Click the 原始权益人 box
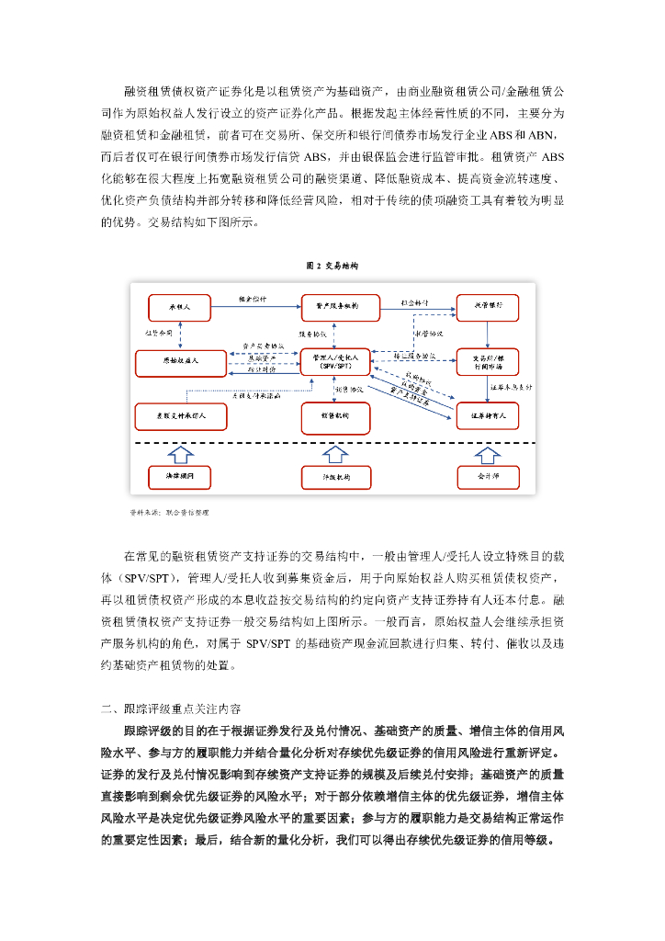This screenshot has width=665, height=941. coord(180,363)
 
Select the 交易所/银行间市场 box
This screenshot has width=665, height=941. coord(488,361)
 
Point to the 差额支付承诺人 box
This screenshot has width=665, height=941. coord(180,416)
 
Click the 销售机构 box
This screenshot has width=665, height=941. coord(336,416)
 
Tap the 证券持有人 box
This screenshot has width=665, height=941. coord(488,416)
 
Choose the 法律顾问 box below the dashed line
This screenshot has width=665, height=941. coord(180,477)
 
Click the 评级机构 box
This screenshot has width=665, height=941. coord(336,477)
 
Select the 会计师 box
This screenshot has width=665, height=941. coord(488,477)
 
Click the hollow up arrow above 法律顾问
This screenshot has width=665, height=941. coord(180,453)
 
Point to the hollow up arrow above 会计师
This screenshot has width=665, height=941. coord(488,453)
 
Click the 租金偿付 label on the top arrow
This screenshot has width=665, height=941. coord(253,300)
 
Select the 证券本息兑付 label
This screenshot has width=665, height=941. coord(511,389)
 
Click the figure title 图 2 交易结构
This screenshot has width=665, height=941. coord(332,266)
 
